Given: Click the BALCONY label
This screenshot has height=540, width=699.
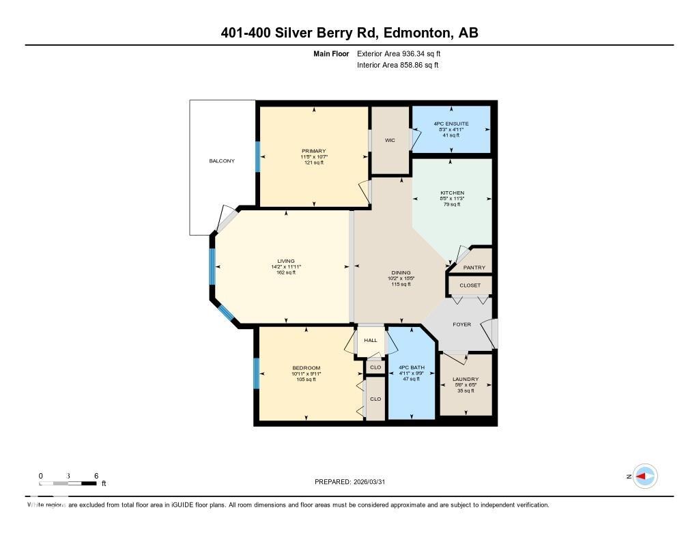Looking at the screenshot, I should click(222, 161).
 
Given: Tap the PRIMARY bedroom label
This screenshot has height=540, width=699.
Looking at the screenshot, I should click(314, 151).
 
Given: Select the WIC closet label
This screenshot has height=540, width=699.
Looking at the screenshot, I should click(390, 140).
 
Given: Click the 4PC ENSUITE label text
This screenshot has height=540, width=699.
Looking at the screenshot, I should click(451, 124).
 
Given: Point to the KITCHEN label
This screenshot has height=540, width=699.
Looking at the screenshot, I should click(452, 193).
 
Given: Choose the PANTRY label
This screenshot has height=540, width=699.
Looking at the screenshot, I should click(474, 268).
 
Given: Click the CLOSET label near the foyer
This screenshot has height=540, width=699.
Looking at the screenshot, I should click(470, 285).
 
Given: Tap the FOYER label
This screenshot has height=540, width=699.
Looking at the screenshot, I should click(461, 324).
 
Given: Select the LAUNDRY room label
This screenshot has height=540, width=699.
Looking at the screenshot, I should click(466, 379).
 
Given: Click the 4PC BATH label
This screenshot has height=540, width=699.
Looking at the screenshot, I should click(412, 367).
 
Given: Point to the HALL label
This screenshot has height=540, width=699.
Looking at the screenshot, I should click(370, 340).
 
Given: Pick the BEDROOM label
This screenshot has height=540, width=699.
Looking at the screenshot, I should click(306, 368).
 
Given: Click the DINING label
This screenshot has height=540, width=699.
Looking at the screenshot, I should click(401, 272).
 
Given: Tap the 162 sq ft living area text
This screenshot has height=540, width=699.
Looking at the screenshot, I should click(285, 272).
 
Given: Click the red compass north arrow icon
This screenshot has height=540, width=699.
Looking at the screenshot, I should click(644, 477).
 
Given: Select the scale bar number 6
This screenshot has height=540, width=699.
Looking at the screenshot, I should click(96, 476).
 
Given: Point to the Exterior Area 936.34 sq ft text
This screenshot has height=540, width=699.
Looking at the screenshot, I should click(403, 53).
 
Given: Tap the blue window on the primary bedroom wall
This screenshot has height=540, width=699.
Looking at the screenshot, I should click(257, 156).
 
